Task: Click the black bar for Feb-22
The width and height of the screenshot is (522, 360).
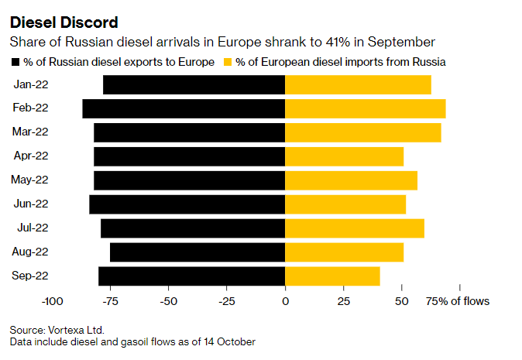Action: [x=184, y=108]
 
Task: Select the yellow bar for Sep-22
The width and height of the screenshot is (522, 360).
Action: [x=332, y=276]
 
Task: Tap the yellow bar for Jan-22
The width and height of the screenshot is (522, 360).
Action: [x=358, y=85]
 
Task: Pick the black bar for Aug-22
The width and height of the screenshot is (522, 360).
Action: [x=197, y=252]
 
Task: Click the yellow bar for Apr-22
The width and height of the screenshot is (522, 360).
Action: [x=344, y=156]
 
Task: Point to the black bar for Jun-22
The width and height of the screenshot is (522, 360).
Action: [x=187, y=204]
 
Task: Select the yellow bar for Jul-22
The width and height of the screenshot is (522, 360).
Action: [x=355, y=228]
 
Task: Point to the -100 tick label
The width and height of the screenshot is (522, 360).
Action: [x=51, y=301]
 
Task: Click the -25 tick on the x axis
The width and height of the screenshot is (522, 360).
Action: [x=227, y=301]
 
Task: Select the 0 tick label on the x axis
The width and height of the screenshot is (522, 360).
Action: [x=285, y=301]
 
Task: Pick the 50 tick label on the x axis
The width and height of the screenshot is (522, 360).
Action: [x=401, y=301]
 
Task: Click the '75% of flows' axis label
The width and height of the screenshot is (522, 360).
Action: [x=458, y=301]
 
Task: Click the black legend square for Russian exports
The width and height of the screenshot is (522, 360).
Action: [x=16, y=62]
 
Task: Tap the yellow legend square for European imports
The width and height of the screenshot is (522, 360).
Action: [x=228, y=62]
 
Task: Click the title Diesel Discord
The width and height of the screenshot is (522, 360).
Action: [x=63, y=21]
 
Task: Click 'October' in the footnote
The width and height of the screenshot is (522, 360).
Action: [x=233, y=341]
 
